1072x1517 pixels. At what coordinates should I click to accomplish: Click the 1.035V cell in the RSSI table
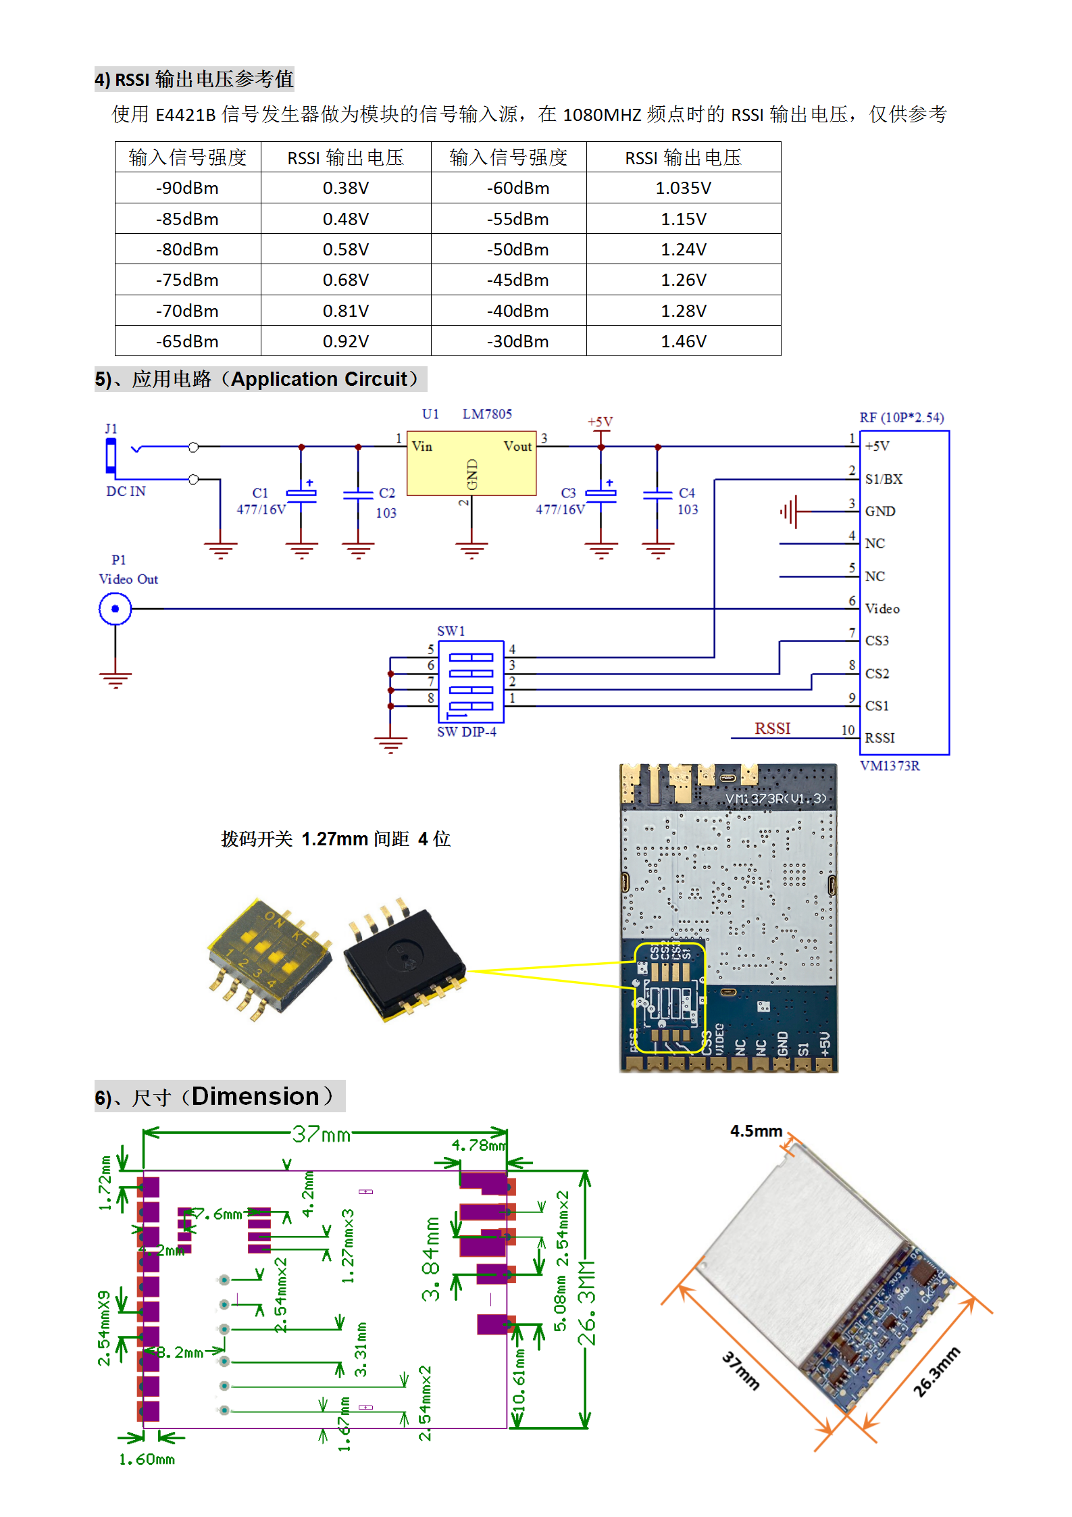click(683, 188)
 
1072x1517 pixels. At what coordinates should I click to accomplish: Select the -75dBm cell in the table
click(187, 280)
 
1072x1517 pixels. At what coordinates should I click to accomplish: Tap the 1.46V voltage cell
click(683, 341)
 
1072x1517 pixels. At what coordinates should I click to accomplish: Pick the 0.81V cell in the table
click(345, 311)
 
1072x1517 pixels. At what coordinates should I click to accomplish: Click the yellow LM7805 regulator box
click(471, 464)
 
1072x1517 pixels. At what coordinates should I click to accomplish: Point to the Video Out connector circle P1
click(115, 609)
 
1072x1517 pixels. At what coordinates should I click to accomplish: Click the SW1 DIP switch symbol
click(471, 681)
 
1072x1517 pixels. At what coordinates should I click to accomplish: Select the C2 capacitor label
click(386, 493)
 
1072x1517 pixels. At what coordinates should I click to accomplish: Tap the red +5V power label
click(600, 422)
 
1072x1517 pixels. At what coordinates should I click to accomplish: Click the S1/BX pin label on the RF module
click(884, 479)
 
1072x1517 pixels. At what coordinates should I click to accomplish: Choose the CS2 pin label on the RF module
click(877, 674)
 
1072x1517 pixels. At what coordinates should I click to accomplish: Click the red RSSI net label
click(772, 728)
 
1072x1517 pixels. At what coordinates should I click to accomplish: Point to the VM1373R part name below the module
click(890, 766)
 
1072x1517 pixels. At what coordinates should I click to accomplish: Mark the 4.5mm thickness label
click(756, 1131)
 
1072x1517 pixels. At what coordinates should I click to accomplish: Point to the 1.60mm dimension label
click(147, 1460)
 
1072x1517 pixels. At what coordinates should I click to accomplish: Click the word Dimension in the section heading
click(255, 1096)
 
